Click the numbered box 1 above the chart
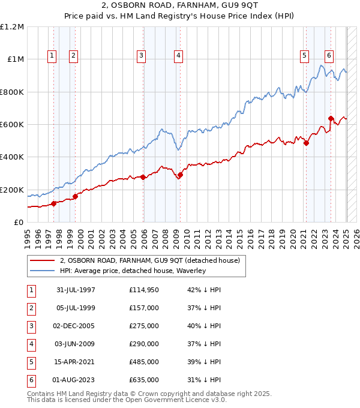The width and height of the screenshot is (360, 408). coord(52,56)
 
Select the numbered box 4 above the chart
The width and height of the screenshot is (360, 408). coord(179,56)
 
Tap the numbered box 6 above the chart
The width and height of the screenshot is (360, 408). coord(329,56)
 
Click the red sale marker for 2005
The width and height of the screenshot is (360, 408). coord(143,177)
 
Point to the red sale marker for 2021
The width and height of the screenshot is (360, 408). coord(306,143)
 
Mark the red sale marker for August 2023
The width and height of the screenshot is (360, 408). coord(331,118)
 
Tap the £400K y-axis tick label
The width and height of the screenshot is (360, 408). coord(12,157)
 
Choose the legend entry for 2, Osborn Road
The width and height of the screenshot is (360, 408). coord(149,260)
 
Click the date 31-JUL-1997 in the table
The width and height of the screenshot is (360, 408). coord(76,290)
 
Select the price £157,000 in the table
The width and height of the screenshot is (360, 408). coord(144,308)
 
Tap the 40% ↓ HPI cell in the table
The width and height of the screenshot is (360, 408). coord(204,326)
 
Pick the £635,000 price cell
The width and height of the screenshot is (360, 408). coord(144,380)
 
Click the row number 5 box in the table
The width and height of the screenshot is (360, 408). coord(31,362)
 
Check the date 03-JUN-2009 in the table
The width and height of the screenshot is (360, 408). coord(76,344)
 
